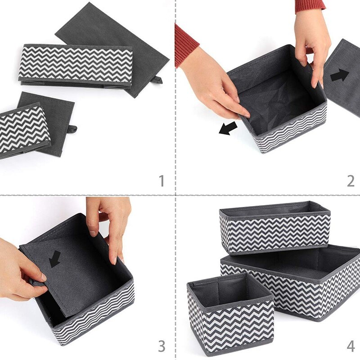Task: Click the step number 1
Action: tap(162, 180)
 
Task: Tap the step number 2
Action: tap(351, 180)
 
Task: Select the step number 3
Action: tap(162, 346)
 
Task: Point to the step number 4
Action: tap(351, 346)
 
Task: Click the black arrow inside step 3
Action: tap(55, 259)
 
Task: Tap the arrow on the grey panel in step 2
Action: tap(340, 75)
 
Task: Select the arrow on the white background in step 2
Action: tap(228, 129)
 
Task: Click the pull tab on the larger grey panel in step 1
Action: tap(156, 80)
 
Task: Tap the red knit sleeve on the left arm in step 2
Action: tap(185, 45)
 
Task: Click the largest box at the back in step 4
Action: tap(310, 283)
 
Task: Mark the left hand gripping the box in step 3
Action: tap(20, 270)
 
